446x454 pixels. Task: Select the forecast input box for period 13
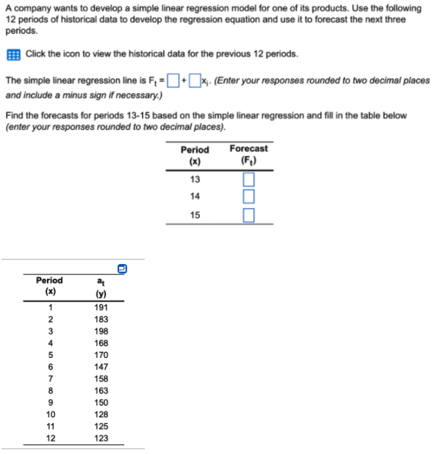[248, 180]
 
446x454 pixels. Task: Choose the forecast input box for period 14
[248, 197]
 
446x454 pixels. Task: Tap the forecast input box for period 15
[248, 215]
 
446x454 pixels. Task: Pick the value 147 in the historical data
[101, 367]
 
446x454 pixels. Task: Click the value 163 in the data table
[101, 391]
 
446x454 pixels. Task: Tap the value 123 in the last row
[101, 438]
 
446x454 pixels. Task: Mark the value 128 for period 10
[101, 414]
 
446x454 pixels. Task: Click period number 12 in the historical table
[50, 438]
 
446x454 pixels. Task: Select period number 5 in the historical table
[50, 356]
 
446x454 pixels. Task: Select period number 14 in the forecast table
[195, 197]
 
